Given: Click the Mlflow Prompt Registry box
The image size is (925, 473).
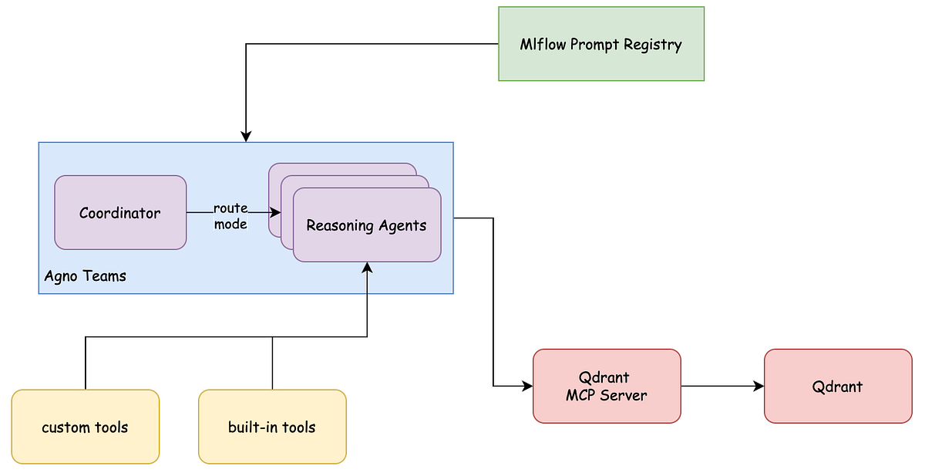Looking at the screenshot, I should [601, 44].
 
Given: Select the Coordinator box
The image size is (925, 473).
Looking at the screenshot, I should [120, 213].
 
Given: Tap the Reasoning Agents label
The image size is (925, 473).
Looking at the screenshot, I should [366, 225].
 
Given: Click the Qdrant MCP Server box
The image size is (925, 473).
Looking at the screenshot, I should [607, 386].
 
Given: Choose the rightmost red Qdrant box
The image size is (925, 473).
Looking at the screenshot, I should [838, 386].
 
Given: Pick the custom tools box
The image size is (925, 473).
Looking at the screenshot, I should [85, 427].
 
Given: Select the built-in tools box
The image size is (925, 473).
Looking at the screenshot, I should [272, 427].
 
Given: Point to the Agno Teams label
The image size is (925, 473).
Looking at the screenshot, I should [85, 275].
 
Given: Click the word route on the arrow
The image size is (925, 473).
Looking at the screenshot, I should [230, 208].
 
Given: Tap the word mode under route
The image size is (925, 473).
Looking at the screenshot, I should [230, 224].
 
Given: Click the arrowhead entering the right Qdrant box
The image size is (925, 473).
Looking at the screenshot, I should [758, 386].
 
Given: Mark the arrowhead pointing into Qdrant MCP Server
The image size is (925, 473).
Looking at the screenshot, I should [527, 385].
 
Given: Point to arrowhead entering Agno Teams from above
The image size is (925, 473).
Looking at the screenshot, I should [246, 137].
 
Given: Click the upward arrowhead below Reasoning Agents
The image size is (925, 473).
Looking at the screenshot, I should [367, 267].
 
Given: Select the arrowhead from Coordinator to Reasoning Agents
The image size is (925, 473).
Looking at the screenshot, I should [274, 213].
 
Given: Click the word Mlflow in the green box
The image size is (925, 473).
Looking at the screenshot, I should [543, 44].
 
